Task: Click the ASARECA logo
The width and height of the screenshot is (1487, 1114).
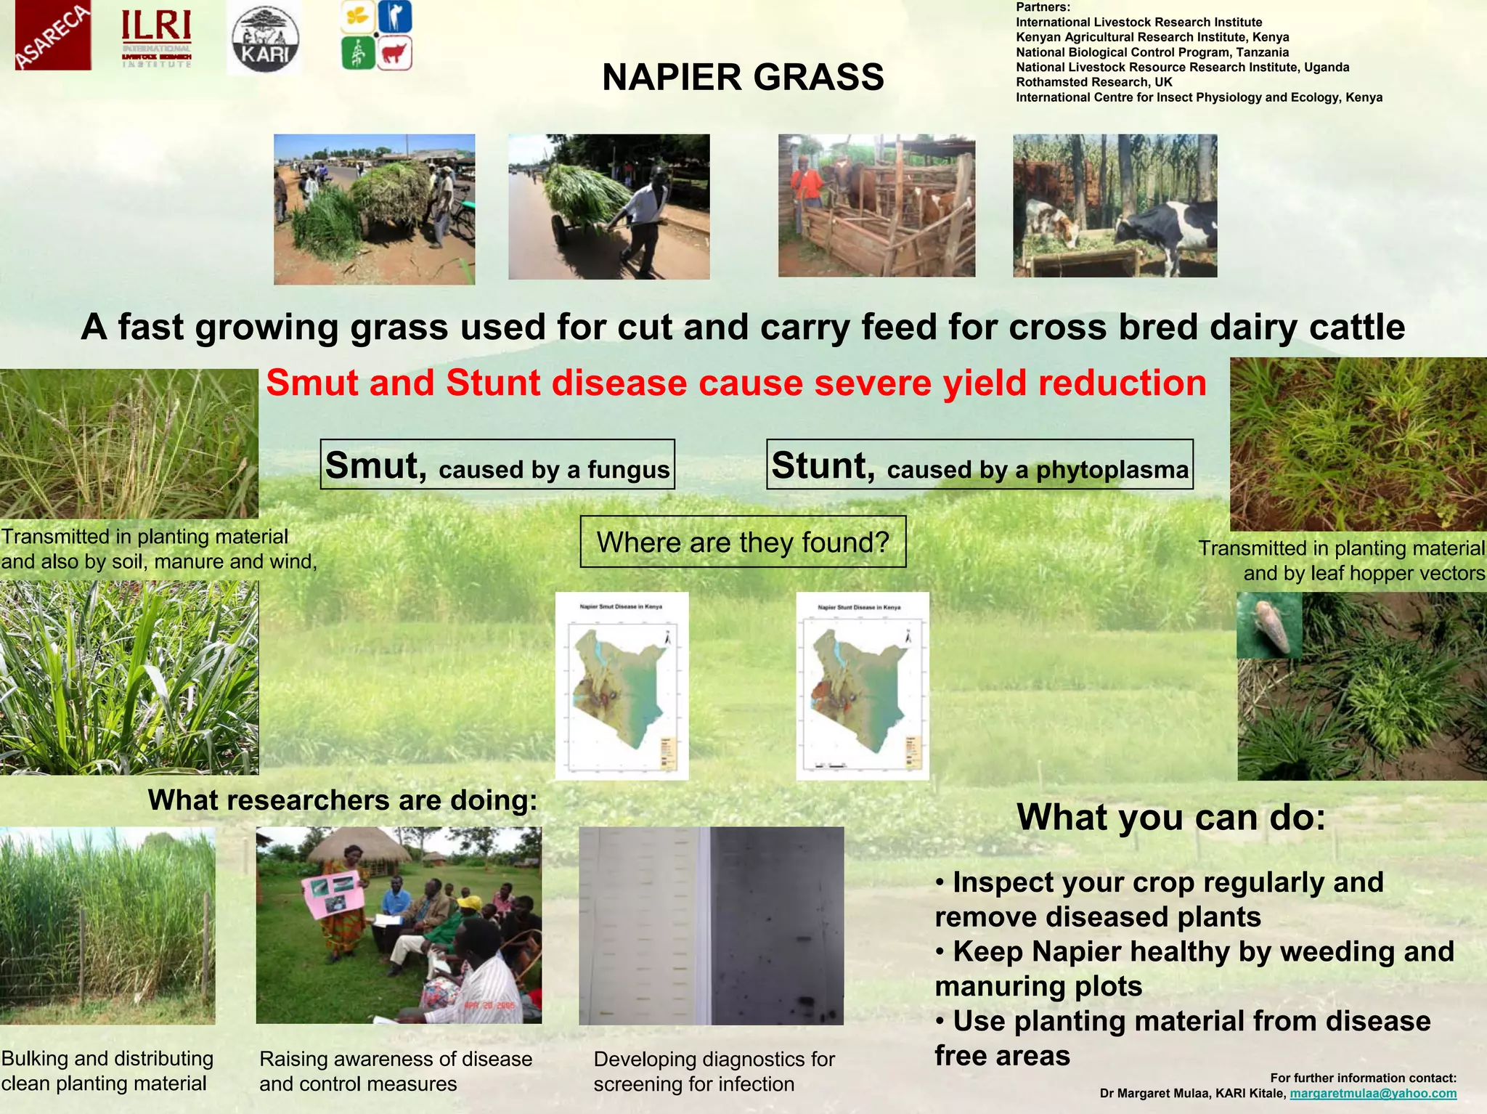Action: tap(53, 36)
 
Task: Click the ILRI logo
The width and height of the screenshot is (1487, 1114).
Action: tap(156, 38)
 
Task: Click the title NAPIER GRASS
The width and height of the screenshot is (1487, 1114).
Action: tap(743, 77)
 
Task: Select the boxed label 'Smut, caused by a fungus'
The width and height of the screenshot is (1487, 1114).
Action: tap(497, 465)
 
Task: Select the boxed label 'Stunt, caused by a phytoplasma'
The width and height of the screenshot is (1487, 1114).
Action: tap(979, 465)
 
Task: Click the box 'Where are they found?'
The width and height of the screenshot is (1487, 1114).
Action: tap(743, 542)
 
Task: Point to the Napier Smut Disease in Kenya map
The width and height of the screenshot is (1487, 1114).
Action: tap(622, 686)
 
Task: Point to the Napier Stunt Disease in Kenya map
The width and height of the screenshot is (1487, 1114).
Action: tap(863, 686)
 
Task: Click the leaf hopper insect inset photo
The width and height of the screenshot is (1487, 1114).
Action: tap(1269, 625)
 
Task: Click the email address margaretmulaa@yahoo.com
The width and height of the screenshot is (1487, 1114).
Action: tap(1373, 1094)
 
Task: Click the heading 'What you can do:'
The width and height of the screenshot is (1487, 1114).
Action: tap(1171, 817)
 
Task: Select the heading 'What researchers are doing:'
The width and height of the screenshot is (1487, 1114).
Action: tap(343, 800)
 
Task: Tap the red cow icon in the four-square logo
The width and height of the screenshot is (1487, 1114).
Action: tap(395, 54)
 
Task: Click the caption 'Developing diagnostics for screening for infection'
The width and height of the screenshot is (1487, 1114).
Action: tap(714, 1072)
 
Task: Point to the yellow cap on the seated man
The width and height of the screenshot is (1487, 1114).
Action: tap(468, 903)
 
